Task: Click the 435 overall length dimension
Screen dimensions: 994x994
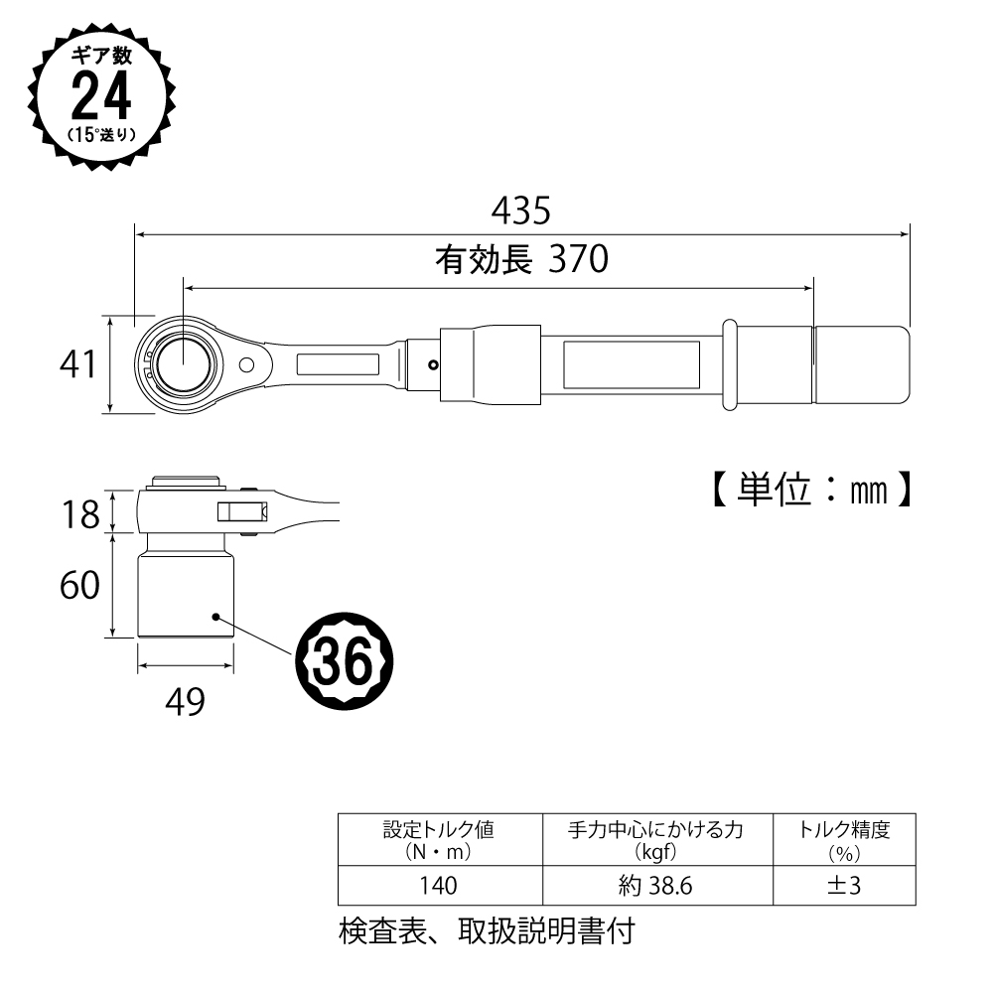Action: tap(521, 211)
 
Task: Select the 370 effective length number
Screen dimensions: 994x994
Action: tap(578, 259)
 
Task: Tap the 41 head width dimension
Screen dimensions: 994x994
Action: tap(78, 364)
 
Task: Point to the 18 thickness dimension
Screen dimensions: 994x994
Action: tap(80, 514)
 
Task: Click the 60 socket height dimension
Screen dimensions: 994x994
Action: tap(79, 585)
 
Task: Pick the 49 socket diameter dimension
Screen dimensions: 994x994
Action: tap(185, 702)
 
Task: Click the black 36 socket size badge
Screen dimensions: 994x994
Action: tap(345, 660)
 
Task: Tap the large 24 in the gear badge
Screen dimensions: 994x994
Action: tap(101, 95)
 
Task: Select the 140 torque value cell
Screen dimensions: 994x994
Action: tap(439, 885)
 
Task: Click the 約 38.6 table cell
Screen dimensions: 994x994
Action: tap(656, 885)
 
